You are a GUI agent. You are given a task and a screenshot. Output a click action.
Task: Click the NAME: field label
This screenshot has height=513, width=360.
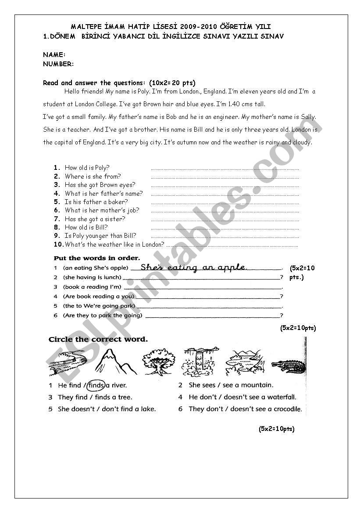point(54,55)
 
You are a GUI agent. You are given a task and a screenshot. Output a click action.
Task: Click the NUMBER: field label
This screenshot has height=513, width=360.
point(58,64)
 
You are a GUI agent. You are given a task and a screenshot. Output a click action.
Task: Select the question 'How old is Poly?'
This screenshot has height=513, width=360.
point(87,167)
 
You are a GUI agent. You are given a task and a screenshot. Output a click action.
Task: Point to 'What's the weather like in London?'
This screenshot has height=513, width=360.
point(114,244)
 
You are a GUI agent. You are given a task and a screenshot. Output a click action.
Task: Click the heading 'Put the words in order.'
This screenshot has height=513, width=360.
point(97,258)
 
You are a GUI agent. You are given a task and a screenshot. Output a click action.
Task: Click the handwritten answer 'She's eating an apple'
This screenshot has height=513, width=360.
point(194,267)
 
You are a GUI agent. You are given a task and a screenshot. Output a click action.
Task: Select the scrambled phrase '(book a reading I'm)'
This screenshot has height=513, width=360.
point(92,287)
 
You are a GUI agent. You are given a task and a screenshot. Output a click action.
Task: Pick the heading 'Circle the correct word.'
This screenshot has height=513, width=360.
point(98,339)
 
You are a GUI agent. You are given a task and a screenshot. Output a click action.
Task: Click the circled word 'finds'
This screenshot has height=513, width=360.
point(96,385)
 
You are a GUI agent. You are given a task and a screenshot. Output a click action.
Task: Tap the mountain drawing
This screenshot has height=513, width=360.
point(110,362)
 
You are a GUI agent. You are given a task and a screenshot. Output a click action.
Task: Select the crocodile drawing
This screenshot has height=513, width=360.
point(288,365)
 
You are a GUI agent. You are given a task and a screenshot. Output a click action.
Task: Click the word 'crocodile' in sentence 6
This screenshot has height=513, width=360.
point(288,409)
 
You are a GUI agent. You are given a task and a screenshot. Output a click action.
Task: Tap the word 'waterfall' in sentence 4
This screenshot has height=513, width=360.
point(282,397)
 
